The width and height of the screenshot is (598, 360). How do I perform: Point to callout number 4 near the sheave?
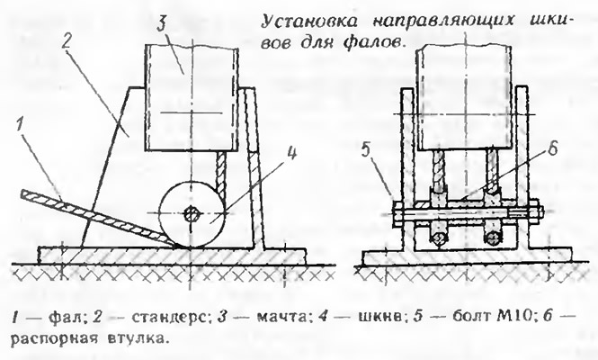(291, 154)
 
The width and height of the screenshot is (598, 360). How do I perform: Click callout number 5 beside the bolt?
(365, 151)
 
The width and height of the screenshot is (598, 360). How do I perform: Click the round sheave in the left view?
(191, 214)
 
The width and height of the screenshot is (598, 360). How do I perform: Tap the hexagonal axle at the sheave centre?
(191, 214)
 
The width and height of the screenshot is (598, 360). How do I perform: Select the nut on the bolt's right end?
(535, 213)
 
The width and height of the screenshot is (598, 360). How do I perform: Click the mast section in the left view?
(192, 97)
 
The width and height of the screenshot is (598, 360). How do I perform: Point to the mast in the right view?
(465, 99)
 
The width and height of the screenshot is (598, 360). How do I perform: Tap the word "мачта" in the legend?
(281, 317)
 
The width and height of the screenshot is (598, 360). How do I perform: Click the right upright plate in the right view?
(522, 168)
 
